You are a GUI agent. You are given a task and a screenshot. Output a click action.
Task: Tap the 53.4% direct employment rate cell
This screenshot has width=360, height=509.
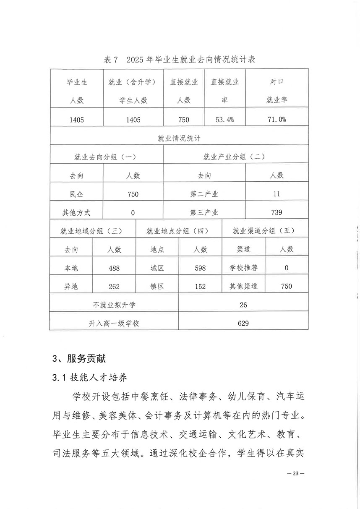tap(225, 120)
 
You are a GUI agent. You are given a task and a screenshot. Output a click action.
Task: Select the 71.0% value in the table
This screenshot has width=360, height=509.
tap(277, 120)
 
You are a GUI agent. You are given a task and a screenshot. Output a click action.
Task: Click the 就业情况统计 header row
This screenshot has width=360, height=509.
tap(179, 138)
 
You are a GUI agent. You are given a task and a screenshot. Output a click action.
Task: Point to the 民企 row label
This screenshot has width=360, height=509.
tap(76, 194)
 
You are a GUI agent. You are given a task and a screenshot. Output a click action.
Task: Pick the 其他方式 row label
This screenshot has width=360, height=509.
tap(76, 213)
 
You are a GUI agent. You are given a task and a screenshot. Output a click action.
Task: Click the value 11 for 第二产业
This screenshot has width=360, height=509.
tap(277, 194)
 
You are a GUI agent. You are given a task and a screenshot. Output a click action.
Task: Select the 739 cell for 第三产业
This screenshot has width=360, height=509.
tap(277, 212)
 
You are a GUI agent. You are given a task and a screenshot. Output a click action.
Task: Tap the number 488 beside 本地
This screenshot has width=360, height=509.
tap(114, 268)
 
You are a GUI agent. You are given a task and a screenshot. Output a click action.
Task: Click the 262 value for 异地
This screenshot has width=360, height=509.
tap(114, 287)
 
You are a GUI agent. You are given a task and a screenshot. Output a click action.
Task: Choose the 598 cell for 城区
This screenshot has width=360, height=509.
tap(200, 268)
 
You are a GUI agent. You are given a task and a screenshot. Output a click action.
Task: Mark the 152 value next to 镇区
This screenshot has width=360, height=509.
tap(200, 287)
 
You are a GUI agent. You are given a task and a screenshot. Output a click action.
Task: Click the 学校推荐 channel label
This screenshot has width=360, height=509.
tap(243, 268)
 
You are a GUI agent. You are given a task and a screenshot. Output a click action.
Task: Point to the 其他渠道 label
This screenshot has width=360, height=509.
tap(243, 287)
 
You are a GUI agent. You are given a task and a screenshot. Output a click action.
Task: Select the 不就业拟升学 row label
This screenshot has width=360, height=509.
tap(114, 305)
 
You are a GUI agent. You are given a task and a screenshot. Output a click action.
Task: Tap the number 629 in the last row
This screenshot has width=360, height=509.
tap(243, 323)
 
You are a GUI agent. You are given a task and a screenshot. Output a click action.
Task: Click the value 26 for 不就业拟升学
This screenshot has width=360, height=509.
tap(243, 305)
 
